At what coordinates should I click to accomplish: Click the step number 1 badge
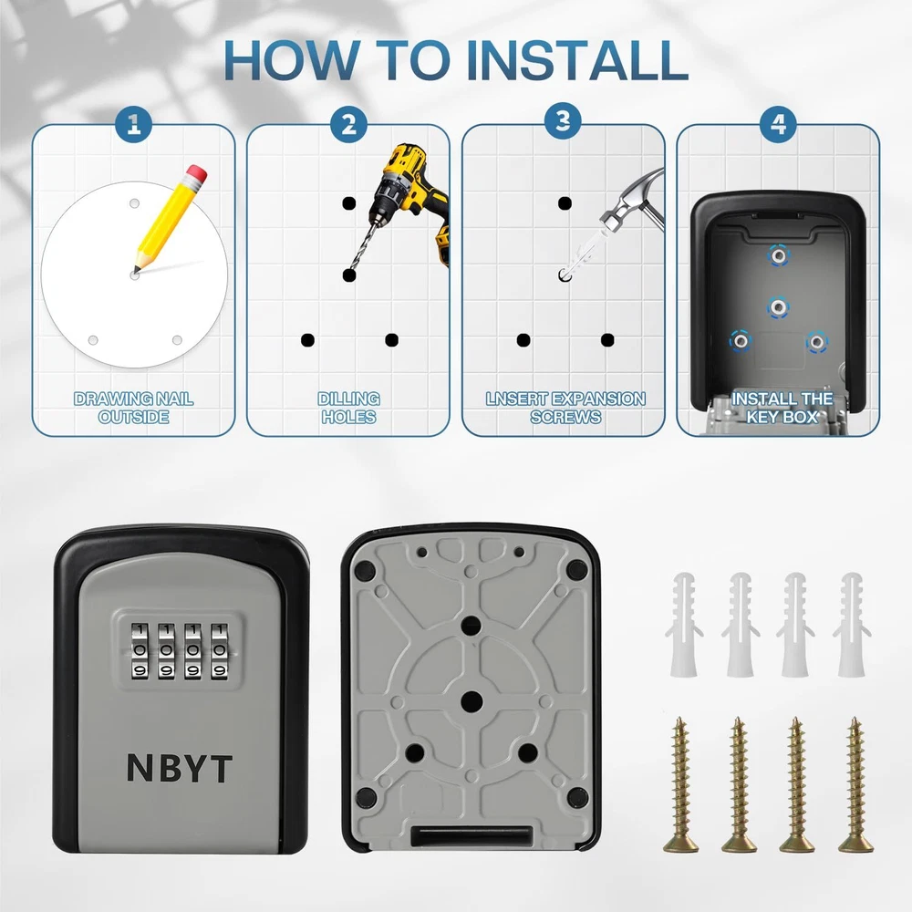(134, 124)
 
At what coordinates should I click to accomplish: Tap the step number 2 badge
(348, 124)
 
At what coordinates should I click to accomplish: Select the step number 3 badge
(563, 120)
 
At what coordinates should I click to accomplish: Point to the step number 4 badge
(778, 124)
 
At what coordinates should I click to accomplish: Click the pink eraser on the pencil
(197, 174)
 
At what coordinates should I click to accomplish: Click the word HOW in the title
(291, 60)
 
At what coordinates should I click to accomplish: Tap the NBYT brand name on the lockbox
(179, 768)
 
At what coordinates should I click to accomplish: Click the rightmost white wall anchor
(852, 624)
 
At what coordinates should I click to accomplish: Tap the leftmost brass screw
(680, 784)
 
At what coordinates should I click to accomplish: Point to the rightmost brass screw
(855, 784)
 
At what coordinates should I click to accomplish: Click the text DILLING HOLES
(349, 408)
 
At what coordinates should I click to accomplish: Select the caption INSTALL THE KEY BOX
(782, 408)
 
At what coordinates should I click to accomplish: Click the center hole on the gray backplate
(472, 701)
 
